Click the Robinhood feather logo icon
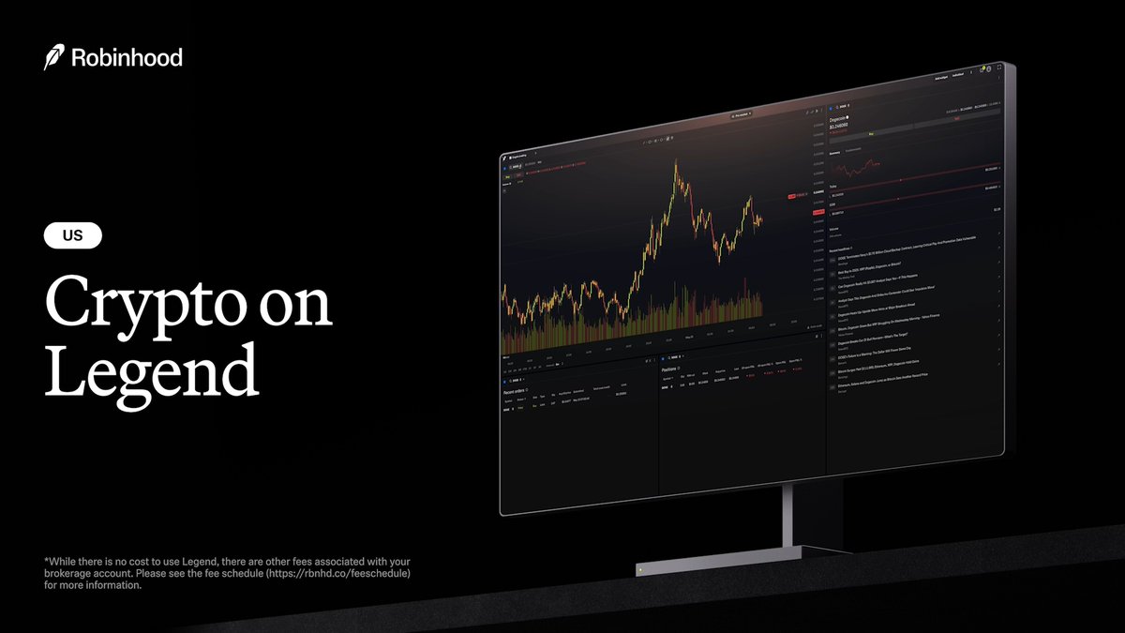53,58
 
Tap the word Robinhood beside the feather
127,58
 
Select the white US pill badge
73,236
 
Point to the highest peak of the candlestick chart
675,164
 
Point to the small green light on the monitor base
639,569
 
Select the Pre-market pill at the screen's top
740,114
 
